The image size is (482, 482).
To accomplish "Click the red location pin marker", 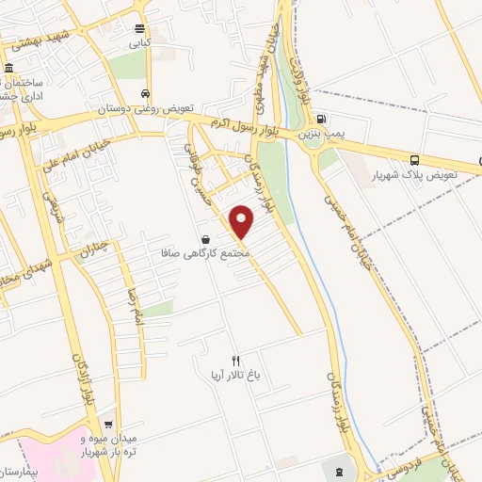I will (243, 221).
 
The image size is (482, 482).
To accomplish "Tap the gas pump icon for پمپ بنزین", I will (322, 120).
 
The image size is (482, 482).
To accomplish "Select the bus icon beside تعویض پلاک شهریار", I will (415, 159).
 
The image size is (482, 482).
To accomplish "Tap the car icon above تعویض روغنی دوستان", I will (144, 93).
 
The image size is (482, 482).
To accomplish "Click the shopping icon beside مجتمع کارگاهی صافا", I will (205, 239).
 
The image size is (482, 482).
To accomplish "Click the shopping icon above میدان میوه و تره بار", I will (109, 425).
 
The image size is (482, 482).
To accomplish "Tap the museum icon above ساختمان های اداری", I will (9, 69).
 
